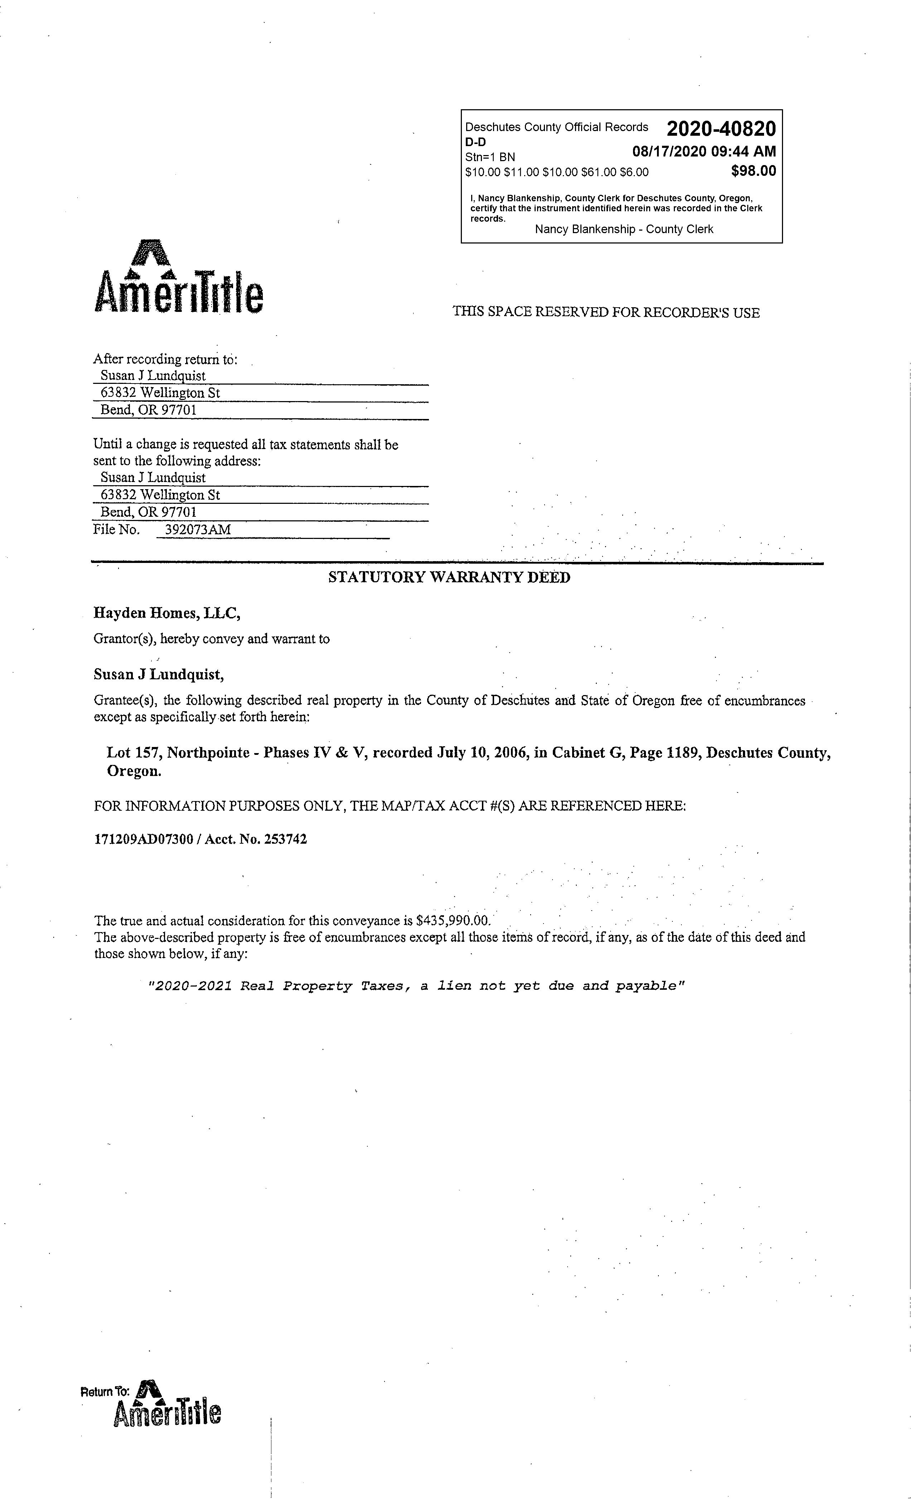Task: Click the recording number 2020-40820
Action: coord(721,129)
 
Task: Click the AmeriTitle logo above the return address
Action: coord(179,278)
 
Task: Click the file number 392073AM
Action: coord(198,529)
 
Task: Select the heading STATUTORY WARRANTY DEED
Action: coord(449,577)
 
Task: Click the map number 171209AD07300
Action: coord(144,839)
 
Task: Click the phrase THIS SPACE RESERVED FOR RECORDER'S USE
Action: coord(605,313)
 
